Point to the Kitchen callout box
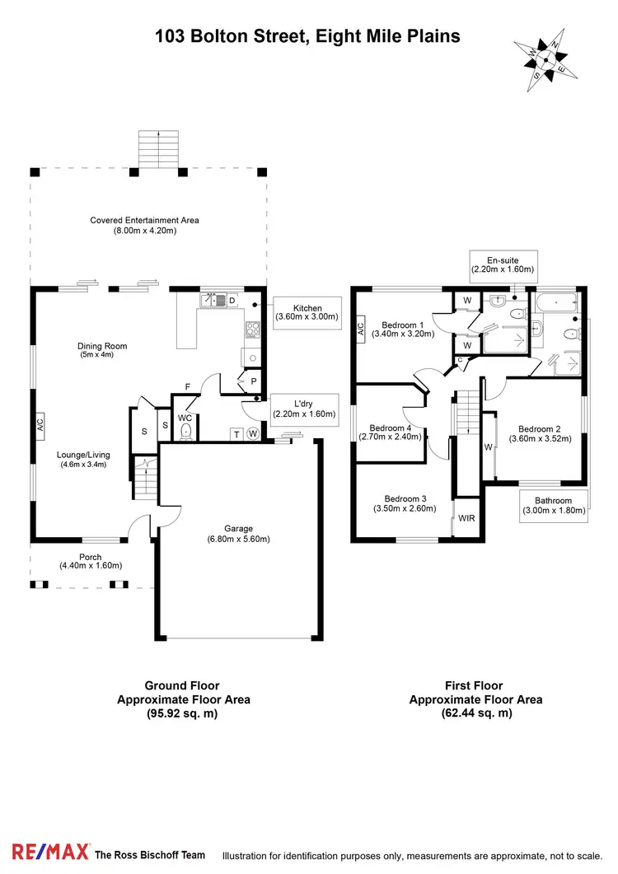pyautogui.click(x=307, y=314)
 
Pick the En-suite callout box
pyautogui.click(x=503, y=264)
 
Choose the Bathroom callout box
pyautogui.click(x=553, y=505)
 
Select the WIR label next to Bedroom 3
pyautogui.click(x=467, y=518)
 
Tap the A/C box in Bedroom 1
pyautogui.click(x=361, y=328)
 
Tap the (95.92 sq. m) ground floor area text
pyautogui.click(x=183, y=713)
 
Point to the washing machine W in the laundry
pyautogui.click(x=253, y=434)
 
